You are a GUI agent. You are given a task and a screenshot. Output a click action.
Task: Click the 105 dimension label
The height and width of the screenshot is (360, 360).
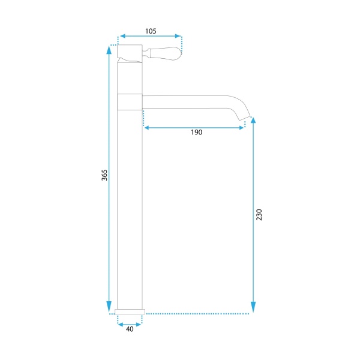point(151,31)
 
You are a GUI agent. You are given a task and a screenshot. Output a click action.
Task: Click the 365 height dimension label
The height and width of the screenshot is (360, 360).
point(104,175)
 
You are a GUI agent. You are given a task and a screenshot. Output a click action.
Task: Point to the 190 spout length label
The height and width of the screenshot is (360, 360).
point(197,132)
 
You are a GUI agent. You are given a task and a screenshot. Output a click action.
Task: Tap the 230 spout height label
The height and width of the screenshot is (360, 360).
point(259,215)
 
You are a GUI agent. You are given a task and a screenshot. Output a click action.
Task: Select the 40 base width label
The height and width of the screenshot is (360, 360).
point(130,329)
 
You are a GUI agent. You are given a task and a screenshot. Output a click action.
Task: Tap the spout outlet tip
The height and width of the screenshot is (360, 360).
point(245,118)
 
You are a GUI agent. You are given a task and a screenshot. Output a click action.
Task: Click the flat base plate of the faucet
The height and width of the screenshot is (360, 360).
point(130,311)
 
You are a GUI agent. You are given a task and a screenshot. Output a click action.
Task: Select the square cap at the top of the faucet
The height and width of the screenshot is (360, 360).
point(130,52)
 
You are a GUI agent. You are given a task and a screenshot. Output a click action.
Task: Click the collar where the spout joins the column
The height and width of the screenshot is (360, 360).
point(130,102)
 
